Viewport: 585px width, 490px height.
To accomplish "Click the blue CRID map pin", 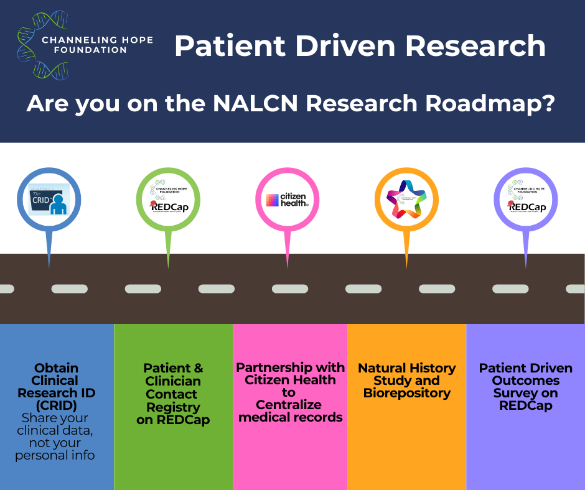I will click(49, 200).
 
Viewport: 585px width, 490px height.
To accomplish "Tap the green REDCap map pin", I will click(168, 200).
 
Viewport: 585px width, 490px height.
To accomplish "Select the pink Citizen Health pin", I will click(287, 200).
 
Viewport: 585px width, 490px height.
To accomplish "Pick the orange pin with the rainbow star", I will click(406, 200).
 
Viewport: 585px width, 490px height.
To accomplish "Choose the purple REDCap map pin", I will click(525, 200).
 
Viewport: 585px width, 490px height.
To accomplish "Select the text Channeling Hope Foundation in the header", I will click(96, 45).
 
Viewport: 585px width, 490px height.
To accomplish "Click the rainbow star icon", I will click(406, 199).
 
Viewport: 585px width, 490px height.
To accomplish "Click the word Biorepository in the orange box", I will click(407, 393).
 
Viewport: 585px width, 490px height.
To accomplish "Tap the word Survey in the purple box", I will click(525, 393).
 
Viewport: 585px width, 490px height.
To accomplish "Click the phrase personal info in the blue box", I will click(56, 455).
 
